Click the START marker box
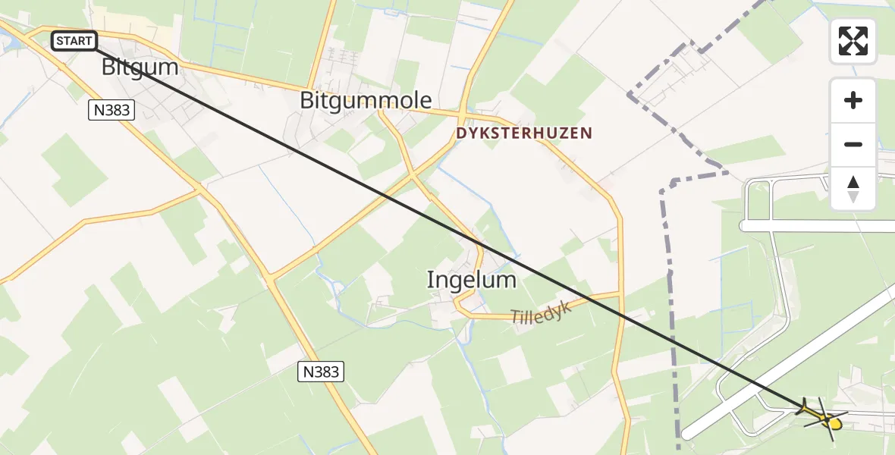click(x=74, y=41)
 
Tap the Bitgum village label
click(x=140, y=67)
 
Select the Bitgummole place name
click(x=366, y=100)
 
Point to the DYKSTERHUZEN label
click(x=524, y=133)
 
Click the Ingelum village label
click(x=471, y=280)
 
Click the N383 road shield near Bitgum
click(x=111, y=111)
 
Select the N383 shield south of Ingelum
click(x=319, y=372)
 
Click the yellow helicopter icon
click(x=823, y=416)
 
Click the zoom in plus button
click(x=853, y=100)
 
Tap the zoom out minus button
click(x=853, y=144)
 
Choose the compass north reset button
click(x=853, y=188)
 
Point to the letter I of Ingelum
click(x=431, y=280)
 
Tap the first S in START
click(x=59, y=41)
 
